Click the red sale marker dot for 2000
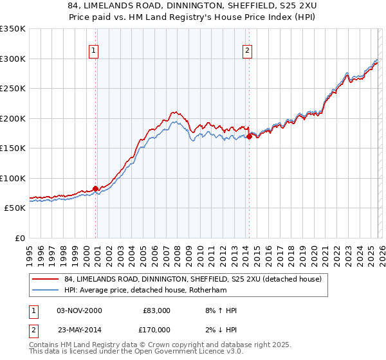pos(96,188)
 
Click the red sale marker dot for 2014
pos(249,136)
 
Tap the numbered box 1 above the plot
pos(94,51)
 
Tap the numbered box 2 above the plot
pos(247,51)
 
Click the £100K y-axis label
pos(13,179)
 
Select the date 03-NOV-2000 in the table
pos(79,310)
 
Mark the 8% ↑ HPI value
pos(219,310)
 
